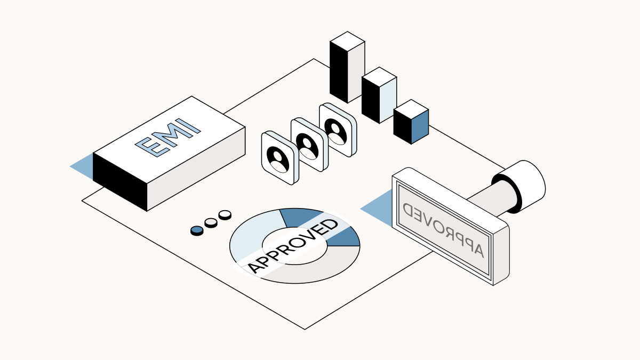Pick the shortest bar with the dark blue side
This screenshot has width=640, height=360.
[411, 123]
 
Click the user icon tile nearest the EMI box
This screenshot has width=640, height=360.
[278, 158]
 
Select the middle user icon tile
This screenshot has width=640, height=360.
[308, 145]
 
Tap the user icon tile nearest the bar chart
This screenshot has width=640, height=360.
[337, 130]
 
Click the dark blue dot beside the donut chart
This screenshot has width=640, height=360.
[197, 230]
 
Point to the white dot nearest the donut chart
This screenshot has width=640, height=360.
[225, 214]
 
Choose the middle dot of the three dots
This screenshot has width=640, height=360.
[211, 222]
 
